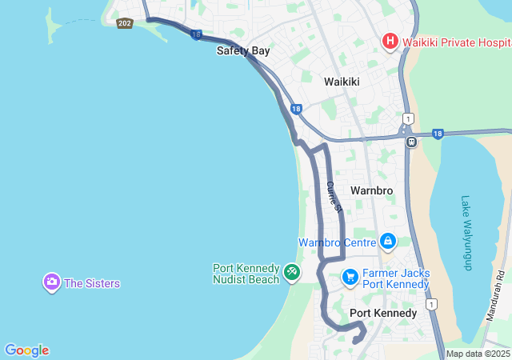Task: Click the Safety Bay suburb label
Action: (243, 50)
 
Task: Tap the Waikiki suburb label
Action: (342, 82)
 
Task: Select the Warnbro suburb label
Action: (371, 190)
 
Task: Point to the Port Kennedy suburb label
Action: (383, 313)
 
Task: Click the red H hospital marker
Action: (390, 41)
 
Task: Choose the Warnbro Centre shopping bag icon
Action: (388, 241)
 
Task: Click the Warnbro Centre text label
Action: (338, 242)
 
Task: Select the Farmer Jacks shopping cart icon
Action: (350, 277)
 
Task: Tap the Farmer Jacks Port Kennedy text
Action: (395, 278)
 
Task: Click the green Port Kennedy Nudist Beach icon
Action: (292, 274)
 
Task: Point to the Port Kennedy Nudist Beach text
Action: (246, 274)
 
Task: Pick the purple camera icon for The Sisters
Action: (52, 282)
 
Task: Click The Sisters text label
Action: (92, 283)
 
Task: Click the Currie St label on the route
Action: (334, 196)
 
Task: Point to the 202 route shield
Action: (124, 23)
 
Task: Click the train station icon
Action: (411, 142)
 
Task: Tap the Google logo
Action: (26, 350)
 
